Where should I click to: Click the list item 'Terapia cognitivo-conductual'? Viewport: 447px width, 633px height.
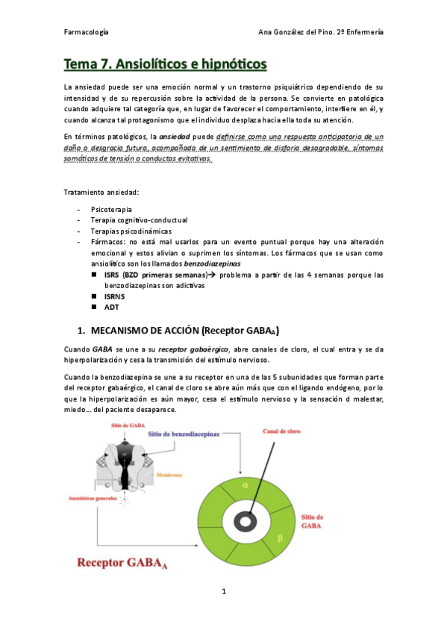point(139,221)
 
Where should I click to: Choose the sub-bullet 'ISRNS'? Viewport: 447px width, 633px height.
point(115,296)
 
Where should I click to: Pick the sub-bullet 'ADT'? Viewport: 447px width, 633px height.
point(111,306)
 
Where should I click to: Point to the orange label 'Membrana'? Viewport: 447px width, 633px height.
point(167,473)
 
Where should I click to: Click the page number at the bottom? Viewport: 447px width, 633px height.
point(223,592)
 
